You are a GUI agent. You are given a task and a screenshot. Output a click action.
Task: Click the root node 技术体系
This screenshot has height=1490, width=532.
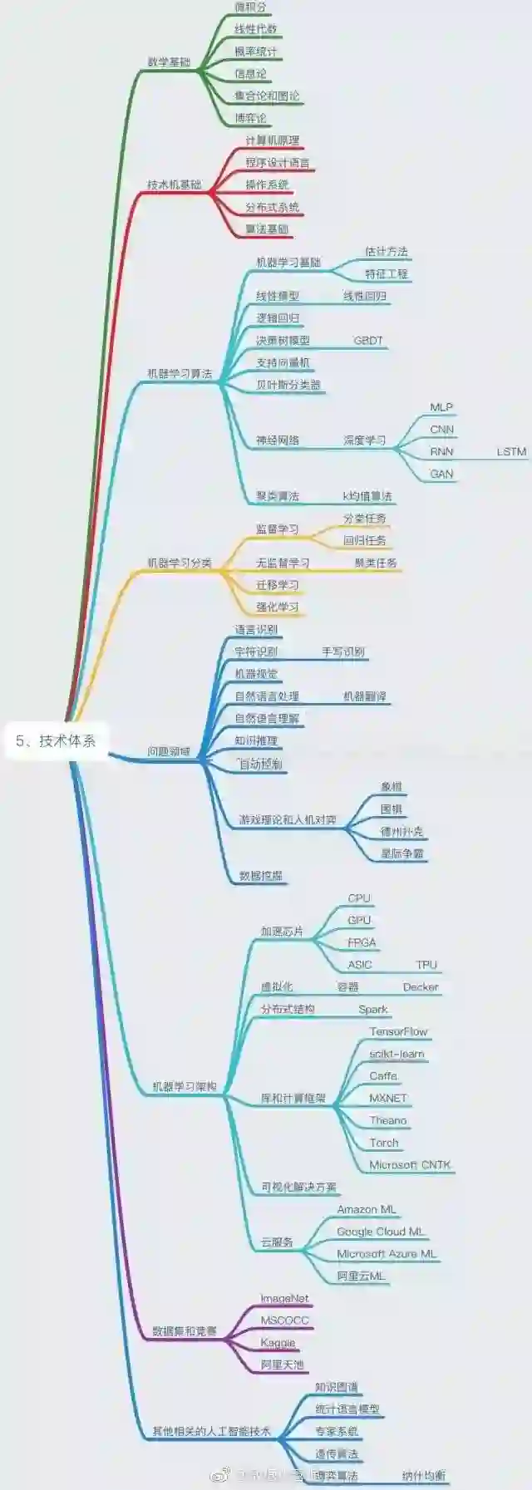click(57, 740)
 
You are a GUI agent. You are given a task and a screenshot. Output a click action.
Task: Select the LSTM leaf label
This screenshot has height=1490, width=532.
click(511, 451)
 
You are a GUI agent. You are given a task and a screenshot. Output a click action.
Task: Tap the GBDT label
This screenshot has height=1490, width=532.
click(368, 340)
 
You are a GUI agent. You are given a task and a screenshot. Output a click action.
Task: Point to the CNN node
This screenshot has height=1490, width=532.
click(441, 429)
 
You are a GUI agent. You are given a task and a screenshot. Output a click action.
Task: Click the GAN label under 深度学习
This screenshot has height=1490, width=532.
click(441, 474)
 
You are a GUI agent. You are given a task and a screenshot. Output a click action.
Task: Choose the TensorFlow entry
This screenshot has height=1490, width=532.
click(398, 1031)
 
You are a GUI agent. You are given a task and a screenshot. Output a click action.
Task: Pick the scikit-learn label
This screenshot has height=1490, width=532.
click(397, 1054)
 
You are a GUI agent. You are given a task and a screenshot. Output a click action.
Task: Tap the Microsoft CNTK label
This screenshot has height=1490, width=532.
click(410, 1165)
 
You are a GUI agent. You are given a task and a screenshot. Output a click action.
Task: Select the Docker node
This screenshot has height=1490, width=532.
click(421, 986)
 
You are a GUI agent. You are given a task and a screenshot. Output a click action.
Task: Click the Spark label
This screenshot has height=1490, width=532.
click(373, 1009)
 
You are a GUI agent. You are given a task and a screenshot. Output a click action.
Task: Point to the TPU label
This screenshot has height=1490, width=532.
click(426, 964)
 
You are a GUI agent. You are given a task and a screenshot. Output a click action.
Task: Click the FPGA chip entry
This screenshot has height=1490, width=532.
click(362, 942)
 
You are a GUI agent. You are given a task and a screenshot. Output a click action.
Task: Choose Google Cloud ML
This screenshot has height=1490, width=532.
click(380, 1232)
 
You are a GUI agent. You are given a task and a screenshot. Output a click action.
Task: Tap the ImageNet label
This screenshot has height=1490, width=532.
click(284, 1298)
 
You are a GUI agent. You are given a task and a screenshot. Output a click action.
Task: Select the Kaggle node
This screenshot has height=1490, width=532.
click(278, 1342)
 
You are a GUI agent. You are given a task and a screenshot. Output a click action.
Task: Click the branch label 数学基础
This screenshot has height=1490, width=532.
click(169, 62)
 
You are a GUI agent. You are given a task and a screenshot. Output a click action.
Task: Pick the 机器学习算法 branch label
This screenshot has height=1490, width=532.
click(180, 373)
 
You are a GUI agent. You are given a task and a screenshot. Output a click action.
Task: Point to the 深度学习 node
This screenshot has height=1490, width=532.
click(365, 440)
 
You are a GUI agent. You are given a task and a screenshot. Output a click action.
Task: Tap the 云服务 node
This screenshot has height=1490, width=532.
click(277, 1242)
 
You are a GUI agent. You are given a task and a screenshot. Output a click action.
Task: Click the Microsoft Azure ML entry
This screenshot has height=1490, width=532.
click(387, 1253)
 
